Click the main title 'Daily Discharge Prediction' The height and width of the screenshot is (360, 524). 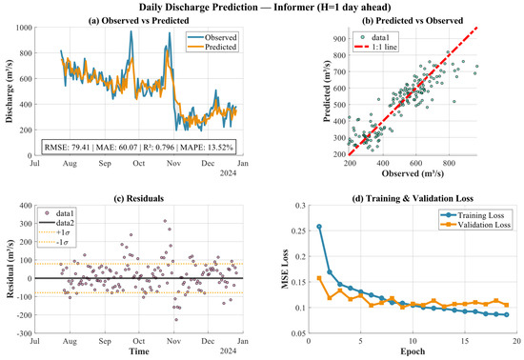pos(198,7)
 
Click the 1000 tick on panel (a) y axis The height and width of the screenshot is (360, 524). pos(24,28)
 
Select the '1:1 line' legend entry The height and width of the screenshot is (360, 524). pos(385,47)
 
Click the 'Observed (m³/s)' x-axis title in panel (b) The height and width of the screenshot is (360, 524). pos(413,173)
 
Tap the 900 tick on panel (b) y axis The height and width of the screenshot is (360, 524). pos(340,39)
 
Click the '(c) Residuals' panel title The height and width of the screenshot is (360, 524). pos(139,199)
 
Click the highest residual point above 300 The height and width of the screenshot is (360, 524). pos(165,221)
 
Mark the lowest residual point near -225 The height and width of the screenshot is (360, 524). pos(176,320)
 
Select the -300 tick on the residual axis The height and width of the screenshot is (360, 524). pos(25,333)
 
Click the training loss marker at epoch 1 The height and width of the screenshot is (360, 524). pos(319,227)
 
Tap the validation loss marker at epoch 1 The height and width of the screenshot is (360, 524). pos(319,278)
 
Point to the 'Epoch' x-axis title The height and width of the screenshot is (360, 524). pos(413,351)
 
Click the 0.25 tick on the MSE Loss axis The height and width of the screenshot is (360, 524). pos(299,231)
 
